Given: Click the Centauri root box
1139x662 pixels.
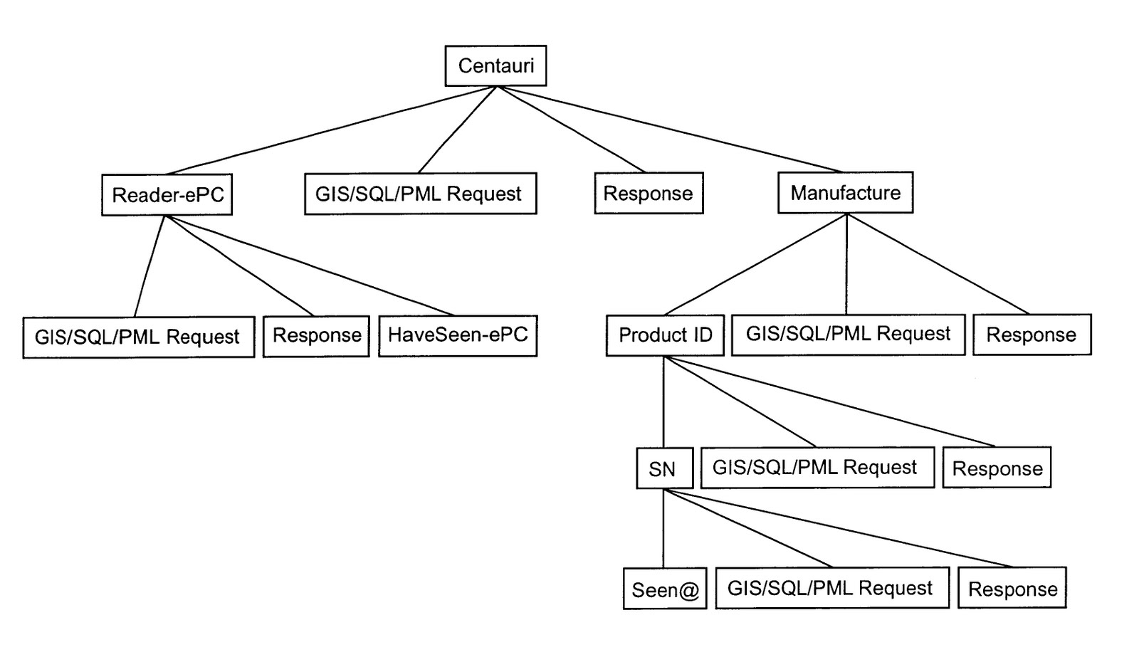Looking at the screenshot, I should (x=495, y=66).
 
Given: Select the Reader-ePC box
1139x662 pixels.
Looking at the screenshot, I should (x=167, y=194).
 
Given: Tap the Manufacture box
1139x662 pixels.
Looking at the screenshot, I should (x=845, y=193).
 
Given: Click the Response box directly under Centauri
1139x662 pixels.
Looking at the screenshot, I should (x=649, y=194).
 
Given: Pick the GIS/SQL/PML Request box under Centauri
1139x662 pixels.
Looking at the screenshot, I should (x=420, y=194).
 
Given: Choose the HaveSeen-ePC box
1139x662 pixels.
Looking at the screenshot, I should (x=458, y=335).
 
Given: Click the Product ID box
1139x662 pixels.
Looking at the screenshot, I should (x=665, y=335).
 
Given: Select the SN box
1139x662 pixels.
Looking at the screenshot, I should (x=664, y=468).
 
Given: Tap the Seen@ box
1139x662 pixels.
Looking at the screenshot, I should (x=665, y=589).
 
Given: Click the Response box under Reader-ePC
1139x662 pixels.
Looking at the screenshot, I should (x=316, y=336).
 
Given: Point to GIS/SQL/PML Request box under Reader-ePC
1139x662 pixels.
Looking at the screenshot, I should (x=138, y=337).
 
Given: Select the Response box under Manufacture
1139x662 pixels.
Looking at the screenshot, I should (x=1032, y=335).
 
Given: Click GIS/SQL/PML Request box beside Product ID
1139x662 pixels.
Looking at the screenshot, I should (x=848, y=335).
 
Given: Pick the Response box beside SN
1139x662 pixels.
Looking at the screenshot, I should (x=997, y=468).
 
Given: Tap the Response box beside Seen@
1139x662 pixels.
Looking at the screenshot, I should (x=1012, y=588).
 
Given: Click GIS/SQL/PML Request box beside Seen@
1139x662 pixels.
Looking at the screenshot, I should (x=831, y=588).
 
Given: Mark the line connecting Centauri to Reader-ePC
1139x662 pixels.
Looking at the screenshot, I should (x=331, y=130).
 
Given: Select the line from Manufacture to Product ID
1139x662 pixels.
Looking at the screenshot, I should (x=755, y=265).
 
